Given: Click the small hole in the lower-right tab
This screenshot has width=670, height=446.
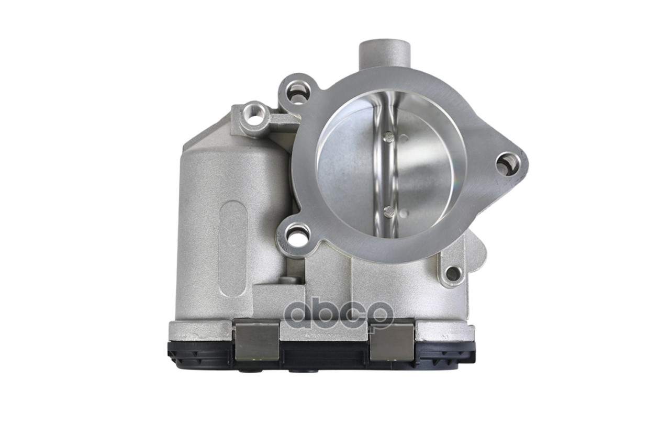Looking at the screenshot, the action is click(453, 273).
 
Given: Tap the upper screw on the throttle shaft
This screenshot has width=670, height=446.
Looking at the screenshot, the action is click(388, 137).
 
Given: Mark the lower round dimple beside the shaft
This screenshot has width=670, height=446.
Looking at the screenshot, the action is click(404, 213).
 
